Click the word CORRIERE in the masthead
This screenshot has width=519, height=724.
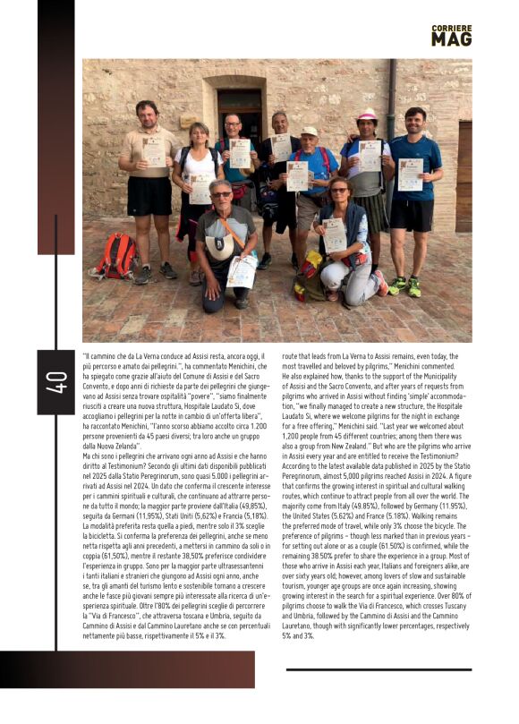(x=451, y=28)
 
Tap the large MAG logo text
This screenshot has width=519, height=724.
(x=451, y=39)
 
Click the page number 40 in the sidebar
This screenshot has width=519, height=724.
(x=56, y=382)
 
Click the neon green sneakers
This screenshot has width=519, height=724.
(x=406, y=286)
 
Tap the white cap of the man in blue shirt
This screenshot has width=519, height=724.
(x=309, y=132)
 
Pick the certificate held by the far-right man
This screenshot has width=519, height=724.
(x=411, y=174)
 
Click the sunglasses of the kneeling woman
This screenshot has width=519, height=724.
(x=339, y=191)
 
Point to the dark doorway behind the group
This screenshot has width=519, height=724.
(x=240, y=112)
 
